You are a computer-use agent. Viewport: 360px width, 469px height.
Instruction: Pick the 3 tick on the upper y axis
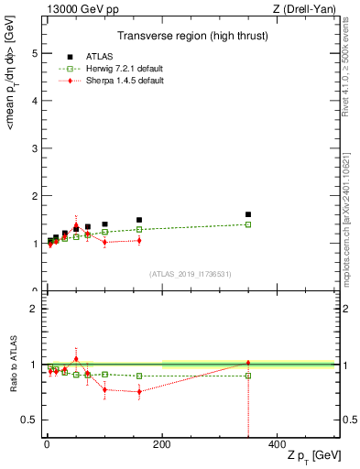point(36,148)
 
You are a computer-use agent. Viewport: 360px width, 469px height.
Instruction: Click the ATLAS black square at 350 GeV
point(248,214)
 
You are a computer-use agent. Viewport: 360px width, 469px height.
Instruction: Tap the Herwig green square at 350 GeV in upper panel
point(248,224)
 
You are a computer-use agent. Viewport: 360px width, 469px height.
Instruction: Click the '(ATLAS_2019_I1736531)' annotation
point(190,274)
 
